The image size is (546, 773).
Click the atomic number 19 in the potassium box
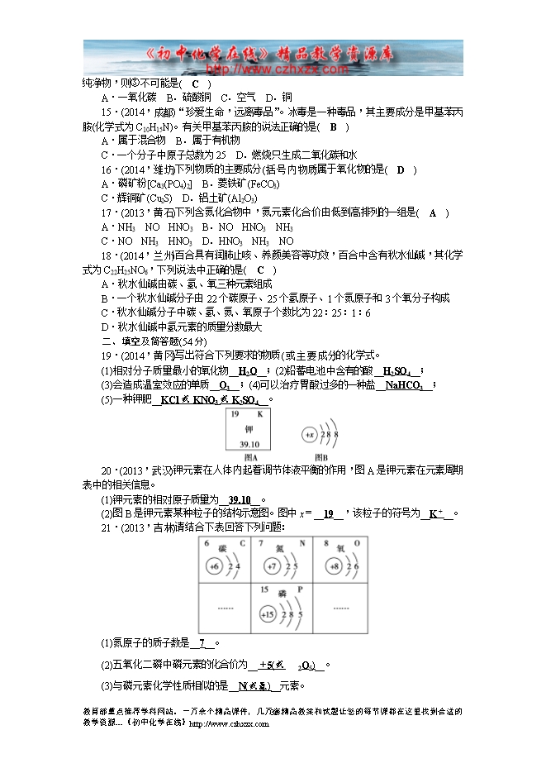[235, 413]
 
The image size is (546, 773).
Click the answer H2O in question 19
[248, 371]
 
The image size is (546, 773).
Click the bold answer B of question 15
[334, 127]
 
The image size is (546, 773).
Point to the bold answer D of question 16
[401, 169]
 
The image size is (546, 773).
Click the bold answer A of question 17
[433, 212]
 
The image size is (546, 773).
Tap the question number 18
[106, 256]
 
